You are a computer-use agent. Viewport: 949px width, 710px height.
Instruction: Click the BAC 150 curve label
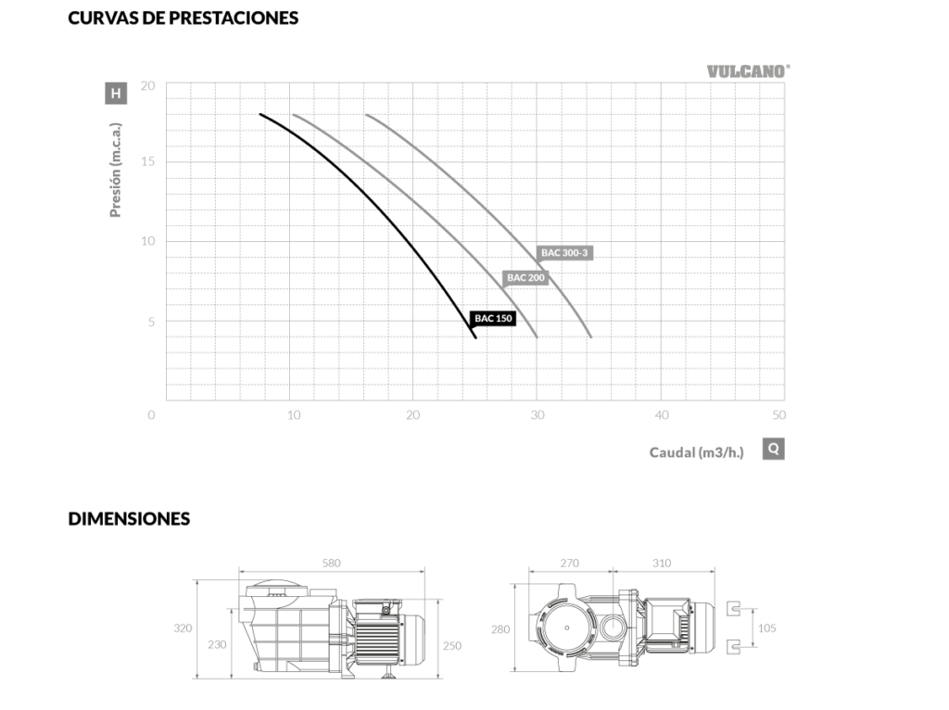click(493, 318)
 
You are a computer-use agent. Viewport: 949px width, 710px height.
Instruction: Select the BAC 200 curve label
click(525, 278)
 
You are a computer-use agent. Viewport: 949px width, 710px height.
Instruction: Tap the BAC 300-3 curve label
click(564, 252)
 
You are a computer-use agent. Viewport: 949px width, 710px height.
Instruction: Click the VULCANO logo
click(749, 71)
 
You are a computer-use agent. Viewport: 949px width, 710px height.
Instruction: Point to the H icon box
click(116, 94)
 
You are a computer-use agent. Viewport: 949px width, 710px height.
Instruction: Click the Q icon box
click(774, 450)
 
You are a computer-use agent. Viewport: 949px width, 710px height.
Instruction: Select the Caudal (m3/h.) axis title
click(696, 452)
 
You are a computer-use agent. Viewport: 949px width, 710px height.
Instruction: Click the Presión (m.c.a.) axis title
click(115, 171)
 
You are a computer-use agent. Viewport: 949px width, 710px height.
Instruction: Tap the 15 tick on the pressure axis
click(147, 161)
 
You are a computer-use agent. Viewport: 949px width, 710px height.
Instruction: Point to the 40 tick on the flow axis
click(662, 415)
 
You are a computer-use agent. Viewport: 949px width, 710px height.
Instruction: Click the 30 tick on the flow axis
click(538, 415)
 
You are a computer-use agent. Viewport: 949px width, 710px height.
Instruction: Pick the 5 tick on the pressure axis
click(151, 322)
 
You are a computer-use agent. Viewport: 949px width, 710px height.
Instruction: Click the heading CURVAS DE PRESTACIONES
click(183, 19)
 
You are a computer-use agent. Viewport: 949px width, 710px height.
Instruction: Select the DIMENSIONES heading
click(129, 519)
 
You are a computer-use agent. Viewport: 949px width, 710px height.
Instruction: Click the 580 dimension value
click(331, 563)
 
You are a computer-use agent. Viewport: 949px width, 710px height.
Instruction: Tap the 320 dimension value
click(183, 628)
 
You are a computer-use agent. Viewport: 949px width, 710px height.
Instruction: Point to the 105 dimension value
click(766, 628)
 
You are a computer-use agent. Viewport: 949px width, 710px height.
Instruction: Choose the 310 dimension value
click(662, 563)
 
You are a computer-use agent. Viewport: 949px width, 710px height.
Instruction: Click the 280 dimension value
click(500, 629)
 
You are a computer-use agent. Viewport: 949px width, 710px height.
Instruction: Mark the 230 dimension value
click(217, 644)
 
